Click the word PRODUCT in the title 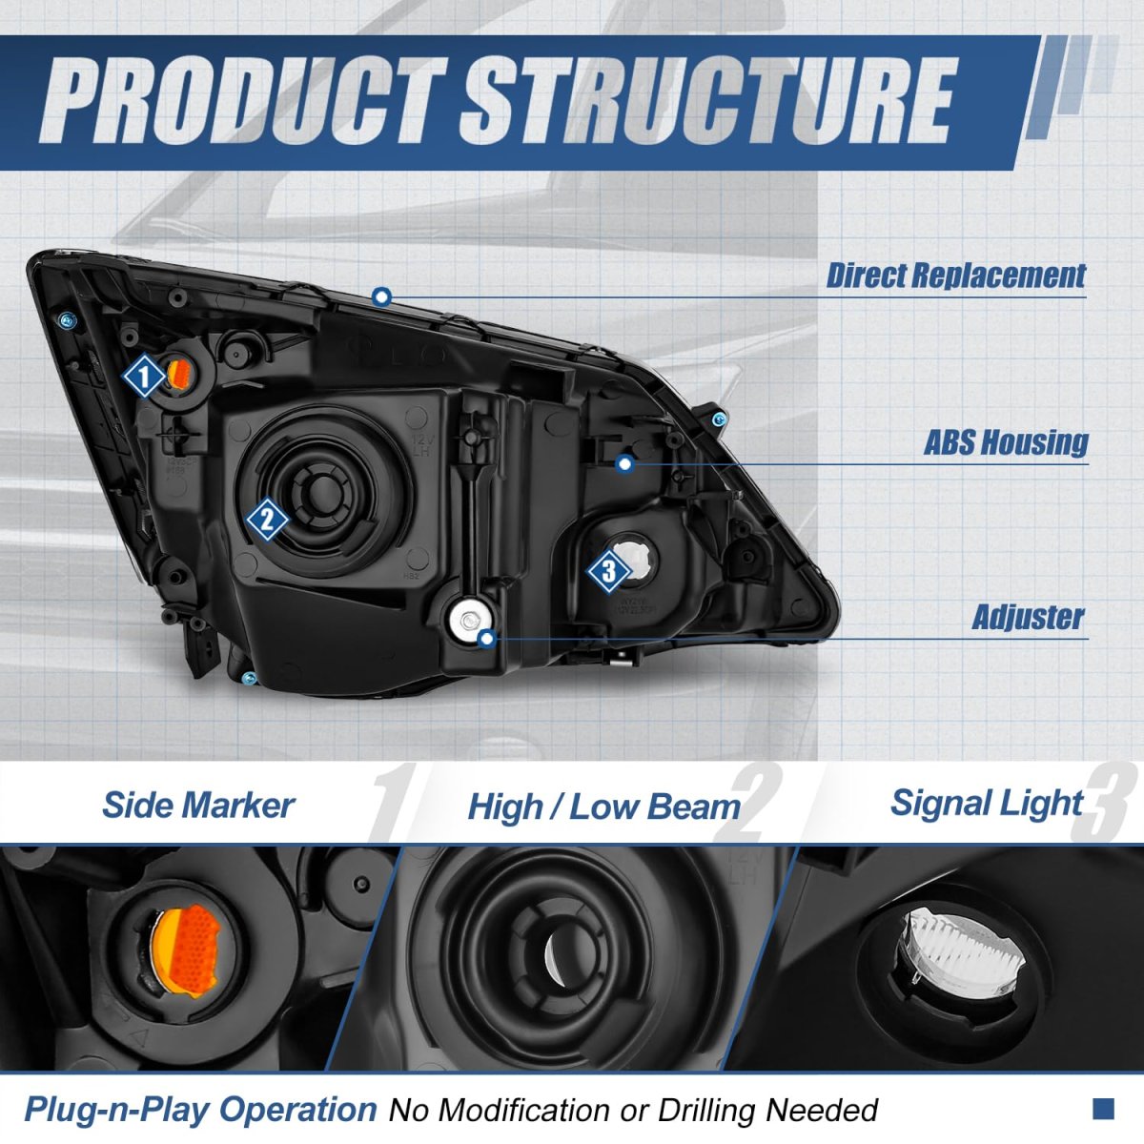[x=243, y=101]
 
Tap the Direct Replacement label [x=955, y=276]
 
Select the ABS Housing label [x=1006, y=442]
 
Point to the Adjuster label [x=1028, y=617]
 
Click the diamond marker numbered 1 [x=145, y=378]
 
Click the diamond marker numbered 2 [x=267, y=520]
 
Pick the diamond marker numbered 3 [x=608, y=573]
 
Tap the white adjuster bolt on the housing [x=467, y=617]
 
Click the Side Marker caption [x=197, y=806]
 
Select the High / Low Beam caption [x=603, y=807]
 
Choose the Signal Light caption [x=987, y=804]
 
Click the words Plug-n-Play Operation [x=200, y=1110]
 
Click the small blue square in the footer [x=1103, y=1108]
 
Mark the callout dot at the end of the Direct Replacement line [x=382, y=296]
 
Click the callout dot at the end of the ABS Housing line [x=624, y=463]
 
